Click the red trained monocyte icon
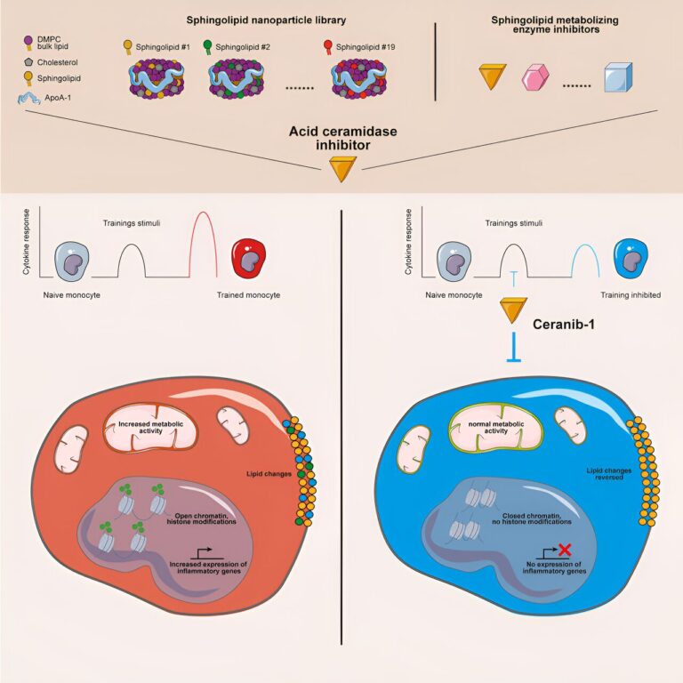247,258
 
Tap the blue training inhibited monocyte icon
631,258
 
